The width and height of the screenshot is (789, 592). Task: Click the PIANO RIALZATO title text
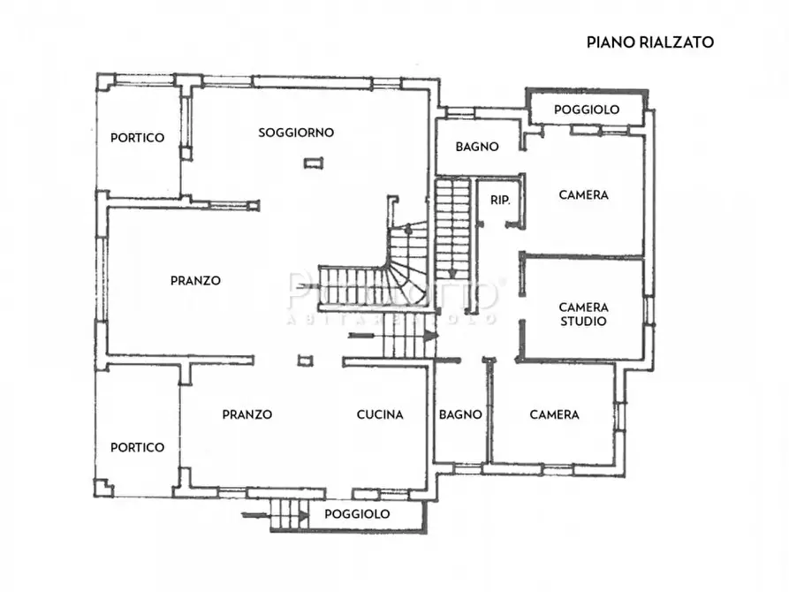(x=650, y=42)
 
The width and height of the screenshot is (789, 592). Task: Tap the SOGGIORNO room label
(x=296, y=133)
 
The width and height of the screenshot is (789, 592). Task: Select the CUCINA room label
(x=380, y=414)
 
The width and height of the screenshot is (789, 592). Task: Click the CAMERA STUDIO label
(x=583, y=315)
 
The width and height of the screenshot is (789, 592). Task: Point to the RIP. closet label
(x=500, y=201)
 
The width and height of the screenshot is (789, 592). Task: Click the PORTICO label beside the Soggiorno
(x=137, y=138)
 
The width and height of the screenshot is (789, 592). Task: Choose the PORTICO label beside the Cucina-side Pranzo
(x=137, y=447)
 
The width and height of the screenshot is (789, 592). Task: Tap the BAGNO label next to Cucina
(x=460, y=414)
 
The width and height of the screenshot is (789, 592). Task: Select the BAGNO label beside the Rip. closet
(x=477, y=147)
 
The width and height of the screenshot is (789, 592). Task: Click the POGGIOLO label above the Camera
(x=587, y=110)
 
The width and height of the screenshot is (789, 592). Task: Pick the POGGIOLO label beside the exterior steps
(x=357, y=514)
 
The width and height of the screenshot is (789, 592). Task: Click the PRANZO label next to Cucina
(x=247, y=414)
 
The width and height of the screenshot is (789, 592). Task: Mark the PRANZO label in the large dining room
(x=195, y=281)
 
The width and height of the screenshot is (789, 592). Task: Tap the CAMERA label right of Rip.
(x=584, y=195)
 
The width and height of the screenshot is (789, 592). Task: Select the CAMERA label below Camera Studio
(x=554, y=414)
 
